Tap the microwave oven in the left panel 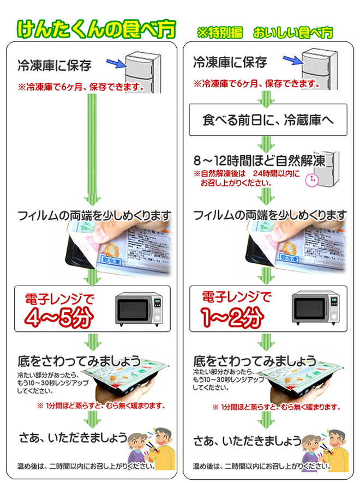tap(140, 309)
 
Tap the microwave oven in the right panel tap(316, 309)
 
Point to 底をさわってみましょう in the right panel tap(255, 360)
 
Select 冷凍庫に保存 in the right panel tap(230, 63)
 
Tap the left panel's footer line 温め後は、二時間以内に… tap(86, 467)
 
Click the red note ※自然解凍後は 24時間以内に tap(247, 173)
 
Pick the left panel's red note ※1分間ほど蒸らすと tap(101, 406)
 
